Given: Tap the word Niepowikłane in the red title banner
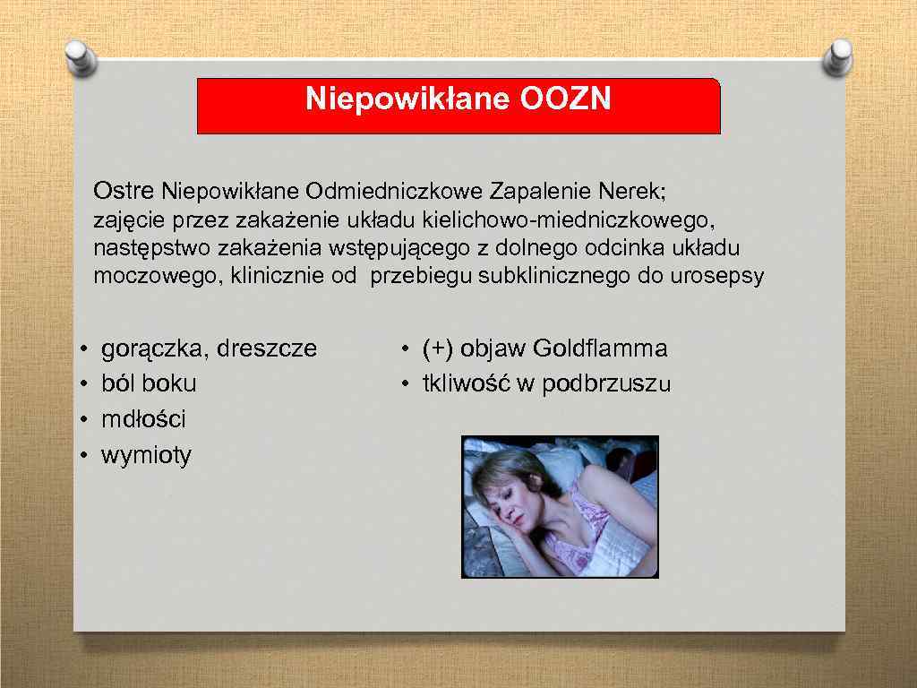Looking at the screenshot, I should coord(408,99).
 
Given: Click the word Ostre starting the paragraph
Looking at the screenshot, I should coord(124,191).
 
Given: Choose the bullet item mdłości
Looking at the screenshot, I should coord(143,420).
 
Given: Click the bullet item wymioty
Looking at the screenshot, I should coord(146,456).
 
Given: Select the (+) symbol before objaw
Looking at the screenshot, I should coord(438,348).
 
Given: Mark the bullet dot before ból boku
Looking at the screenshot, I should coord(82,385).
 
